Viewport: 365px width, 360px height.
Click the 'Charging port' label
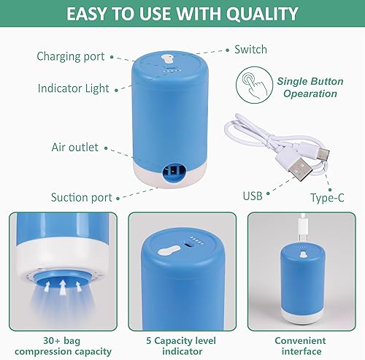(x=70, y=56)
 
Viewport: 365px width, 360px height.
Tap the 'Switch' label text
(x=250, y=50)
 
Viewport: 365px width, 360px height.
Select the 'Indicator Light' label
(x=73, y=88)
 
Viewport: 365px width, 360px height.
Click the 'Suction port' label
(x=80, y=196)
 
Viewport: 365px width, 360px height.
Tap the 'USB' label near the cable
(x=253, y=196)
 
